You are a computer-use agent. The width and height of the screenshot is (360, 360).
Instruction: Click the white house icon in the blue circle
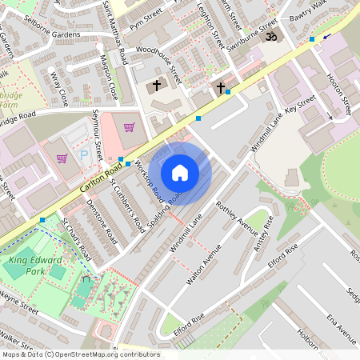[180, 173]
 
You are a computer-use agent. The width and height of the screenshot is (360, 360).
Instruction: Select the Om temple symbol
[270, 37]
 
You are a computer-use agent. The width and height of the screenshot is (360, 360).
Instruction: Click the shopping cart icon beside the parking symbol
[62, 158]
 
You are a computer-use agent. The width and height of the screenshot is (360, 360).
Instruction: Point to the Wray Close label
[58, 88]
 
